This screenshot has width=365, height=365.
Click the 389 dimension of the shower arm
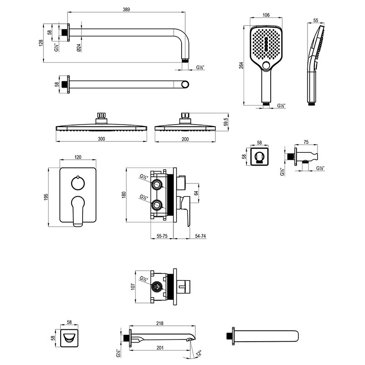point(126,9)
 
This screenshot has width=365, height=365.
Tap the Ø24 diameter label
point(78,47)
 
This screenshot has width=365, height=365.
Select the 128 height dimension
point(41,43)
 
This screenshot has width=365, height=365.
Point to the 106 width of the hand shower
point(266,15)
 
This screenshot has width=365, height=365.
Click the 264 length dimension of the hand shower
point(241,65)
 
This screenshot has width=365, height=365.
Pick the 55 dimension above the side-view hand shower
point(315,21)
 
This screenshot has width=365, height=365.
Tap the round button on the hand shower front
point(266,66)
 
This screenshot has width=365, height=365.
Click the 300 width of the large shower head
point(101,139)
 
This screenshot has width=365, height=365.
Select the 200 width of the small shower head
point(185,139)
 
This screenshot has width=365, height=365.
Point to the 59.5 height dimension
point(225,122)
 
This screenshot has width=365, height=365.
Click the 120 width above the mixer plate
point(78,157)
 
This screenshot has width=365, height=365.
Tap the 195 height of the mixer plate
point(46,197)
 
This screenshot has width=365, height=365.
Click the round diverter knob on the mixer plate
point(78,183)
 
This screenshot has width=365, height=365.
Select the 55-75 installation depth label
point(162,236)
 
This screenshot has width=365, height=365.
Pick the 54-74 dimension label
point(200,236)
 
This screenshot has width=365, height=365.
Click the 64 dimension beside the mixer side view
point(196,193)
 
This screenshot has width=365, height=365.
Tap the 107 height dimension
point(133,287)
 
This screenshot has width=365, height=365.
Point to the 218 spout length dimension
point(160,323)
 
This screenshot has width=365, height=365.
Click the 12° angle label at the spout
point(199,353)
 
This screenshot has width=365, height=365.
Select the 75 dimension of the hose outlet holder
point(306,142)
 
